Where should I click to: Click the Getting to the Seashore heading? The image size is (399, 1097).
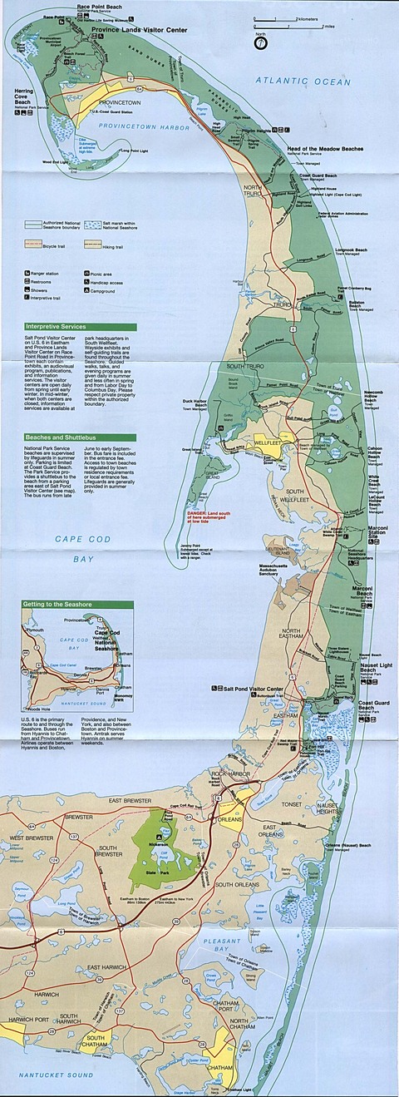click(57, 603)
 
